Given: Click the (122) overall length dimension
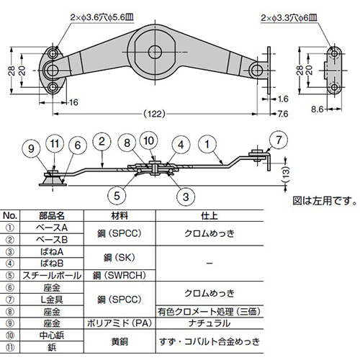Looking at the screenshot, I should point(154,113).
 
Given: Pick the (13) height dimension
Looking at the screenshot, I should point(287,173).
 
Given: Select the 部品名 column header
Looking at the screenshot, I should point(52,215).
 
